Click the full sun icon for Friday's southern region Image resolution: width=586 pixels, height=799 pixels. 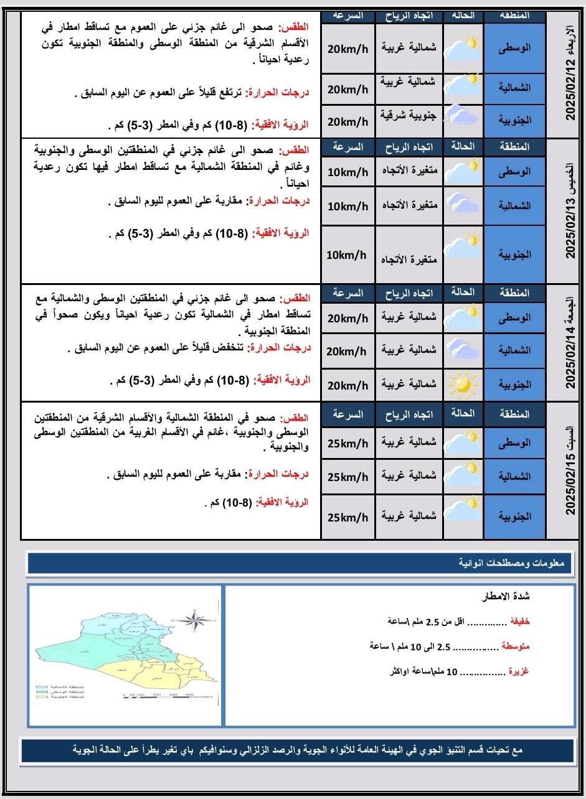[x=463, y=385]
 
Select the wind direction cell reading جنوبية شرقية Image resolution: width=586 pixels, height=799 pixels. [x=409, y=119]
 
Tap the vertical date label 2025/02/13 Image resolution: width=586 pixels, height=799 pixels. [x=569, y=211]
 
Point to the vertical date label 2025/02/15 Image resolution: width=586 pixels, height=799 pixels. [x=569, y=470]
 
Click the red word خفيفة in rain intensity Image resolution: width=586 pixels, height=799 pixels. [x=520, y=621]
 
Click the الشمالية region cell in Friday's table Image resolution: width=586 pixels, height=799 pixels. [x=514, y=350]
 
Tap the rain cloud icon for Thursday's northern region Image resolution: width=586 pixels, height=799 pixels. [x=463, y=205]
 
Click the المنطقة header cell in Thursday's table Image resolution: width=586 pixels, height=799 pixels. [x=514, y=147]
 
